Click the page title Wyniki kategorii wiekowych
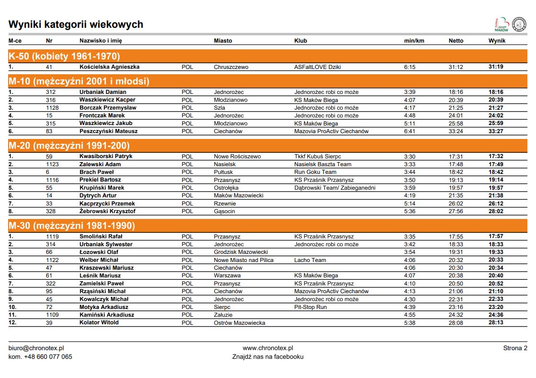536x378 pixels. coord(76,24)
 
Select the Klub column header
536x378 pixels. coord(301,41)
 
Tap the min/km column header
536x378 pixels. coord(414,41)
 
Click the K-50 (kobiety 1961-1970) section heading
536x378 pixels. coord(64,56)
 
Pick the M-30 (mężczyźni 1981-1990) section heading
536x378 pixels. coord(72,226)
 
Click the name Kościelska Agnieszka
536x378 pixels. coord(109,67)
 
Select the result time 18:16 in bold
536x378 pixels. coord(495,92)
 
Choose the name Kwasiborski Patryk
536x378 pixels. coord(106,157)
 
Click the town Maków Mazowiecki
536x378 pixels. coord(238,195)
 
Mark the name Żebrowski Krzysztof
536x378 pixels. coord(107,211)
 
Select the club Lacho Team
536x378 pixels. coord(310,260)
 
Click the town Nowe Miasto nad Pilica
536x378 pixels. coord(244,260)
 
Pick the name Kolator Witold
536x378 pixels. coord(99,322)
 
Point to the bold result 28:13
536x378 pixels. coord(495,322)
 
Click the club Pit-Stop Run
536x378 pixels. coord(310,307)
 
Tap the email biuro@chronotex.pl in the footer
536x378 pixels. coord(36,348)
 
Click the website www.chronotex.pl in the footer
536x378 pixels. coord(268,348)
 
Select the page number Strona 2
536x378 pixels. coord(515,348)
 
